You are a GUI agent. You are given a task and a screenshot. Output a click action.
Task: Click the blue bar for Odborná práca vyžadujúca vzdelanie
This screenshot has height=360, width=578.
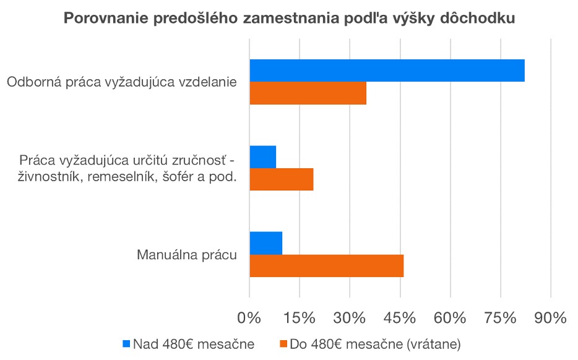[387, 71]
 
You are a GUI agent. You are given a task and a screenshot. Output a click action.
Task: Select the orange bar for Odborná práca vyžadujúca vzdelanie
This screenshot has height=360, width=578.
[308, 93]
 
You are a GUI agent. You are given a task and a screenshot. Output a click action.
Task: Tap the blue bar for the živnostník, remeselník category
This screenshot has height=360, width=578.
[262, 157]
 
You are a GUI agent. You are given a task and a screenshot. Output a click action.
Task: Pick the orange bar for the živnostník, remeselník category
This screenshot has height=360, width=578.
[281, 179]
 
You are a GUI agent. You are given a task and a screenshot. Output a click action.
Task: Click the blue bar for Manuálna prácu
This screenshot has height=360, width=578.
[265, 242]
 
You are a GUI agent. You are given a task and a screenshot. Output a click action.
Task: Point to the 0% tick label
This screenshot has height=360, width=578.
[249, 319]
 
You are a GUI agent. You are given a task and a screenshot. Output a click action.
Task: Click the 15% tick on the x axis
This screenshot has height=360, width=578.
[300, 319]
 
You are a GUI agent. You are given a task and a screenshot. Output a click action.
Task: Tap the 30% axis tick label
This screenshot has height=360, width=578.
[350, 319]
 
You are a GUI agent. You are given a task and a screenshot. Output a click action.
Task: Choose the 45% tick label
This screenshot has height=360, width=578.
[400, 319]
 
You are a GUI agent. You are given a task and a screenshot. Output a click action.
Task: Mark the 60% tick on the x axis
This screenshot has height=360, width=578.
[450, 319]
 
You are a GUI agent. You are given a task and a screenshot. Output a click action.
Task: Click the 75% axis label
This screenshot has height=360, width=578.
[500, 319]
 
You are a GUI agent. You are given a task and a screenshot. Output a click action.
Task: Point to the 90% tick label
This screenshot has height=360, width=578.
[550, 319]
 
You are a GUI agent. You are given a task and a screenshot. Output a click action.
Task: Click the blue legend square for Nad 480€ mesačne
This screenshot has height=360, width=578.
[127, 343]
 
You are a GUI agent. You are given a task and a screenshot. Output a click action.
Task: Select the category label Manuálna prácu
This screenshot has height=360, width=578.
[187, 254]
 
